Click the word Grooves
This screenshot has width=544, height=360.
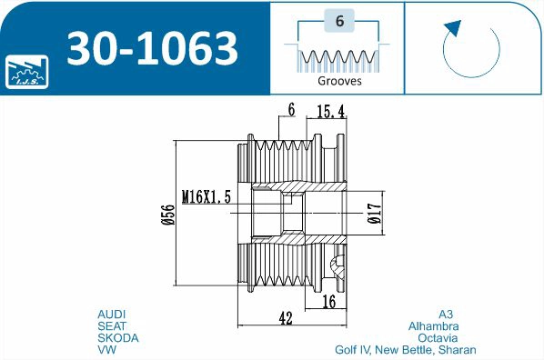[x=339, y=80]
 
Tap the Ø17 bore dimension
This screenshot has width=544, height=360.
[x=373, y=212]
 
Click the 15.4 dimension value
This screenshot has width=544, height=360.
[x=329, y=111]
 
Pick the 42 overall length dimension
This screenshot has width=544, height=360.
[x=285, y=317]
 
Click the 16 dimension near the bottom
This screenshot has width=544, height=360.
[x=329, y=300]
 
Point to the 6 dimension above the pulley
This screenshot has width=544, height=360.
[x=291, y=110]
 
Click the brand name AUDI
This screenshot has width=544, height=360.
[x=112, y=314]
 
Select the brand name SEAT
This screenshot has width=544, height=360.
[x=112, y=325]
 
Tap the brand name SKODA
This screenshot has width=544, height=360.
[x=117, y=337]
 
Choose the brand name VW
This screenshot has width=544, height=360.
[x=106, y=349]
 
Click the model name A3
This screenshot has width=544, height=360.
[x=445, y=314]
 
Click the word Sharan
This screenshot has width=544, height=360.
[x=458, y=349]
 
